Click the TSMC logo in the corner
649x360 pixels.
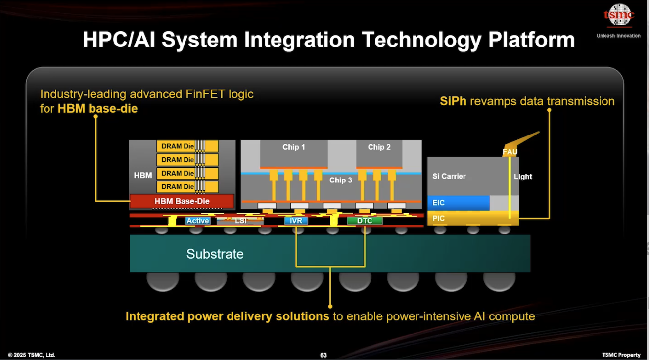pos(618,15)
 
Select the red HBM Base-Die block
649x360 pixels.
pos(182,201)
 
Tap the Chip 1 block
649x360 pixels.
pos(294,153)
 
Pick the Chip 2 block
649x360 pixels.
pos(379,153)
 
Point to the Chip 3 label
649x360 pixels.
pos(341,180)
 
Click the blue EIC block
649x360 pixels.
pos(458,203)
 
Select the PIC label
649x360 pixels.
pos(439,218)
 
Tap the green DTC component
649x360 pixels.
pos(365,221)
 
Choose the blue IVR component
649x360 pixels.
pos(296,221)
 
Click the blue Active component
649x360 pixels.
pos(198,221)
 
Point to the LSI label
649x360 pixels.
pos(241,221)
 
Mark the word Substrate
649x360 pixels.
pos(215,254)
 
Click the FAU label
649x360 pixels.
pos(510,152)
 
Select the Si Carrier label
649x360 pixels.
pos(449,176)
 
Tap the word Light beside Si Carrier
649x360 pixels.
pos(523,177)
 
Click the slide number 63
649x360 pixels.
pos(324,355)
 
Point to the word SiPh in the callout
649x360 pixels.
pos(453,101)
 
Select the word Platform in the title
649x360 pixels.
pos(531,40)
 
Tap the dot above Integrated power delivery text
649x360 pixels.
pos(330,307)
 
